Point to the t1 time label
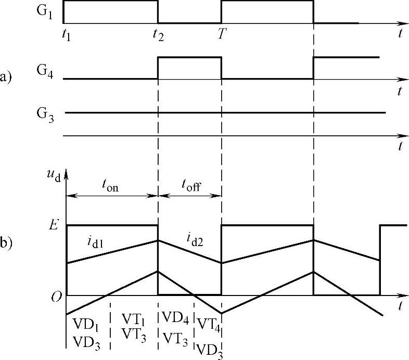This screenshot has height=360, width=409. pyautogui.click(x=65, y=37)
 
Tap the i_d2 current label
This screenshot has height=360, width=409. pyautogui.click(x=195, y=239)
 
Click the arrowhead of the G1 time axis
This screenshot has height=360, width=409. pyautogui.click(x=403, y=23)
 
